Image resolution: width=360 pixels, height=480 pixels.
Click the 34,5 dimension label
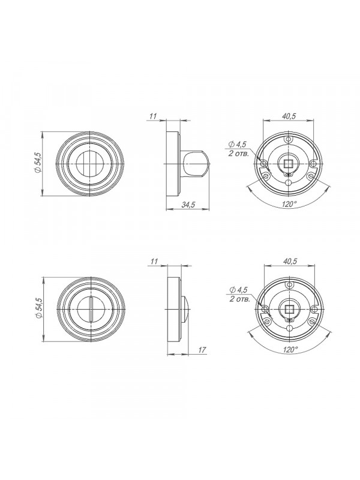[x=188, y=205]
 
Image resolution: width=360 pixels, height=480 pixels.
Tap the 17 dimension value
[x=202, y=350]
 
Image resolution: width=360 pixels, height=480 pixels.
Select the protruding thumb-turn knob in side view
[x=196, y=164]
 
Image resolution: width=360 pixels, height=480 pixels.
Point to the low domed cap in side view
[x=185, y=309]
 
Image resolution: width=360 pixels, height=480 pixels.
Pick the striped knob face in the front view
[x=89, y=164]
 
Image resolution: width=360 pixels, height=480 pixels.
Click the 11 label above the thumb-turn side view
[x=153, y=116]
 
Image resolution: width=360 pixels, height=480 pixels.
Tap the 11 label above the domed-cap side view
[x=154, y=261]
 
